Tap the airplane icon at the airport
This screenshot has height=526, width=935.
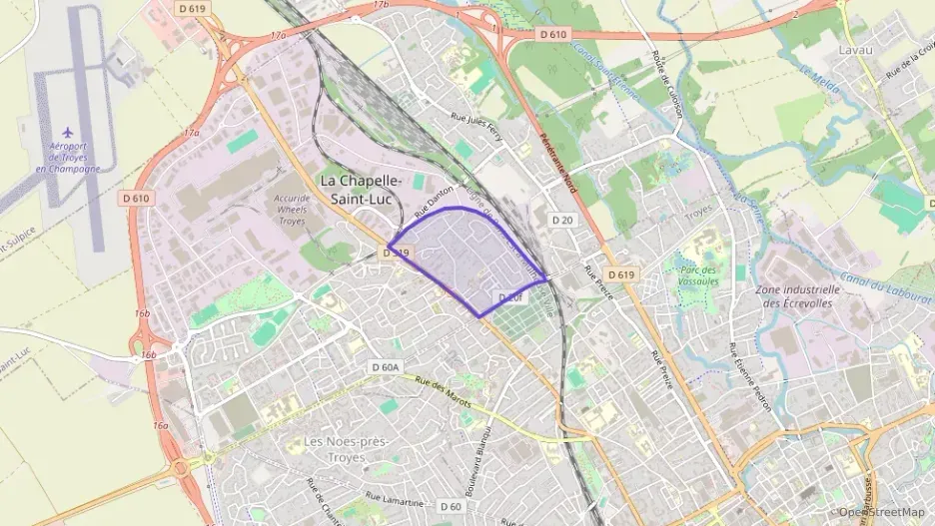click(68, 133)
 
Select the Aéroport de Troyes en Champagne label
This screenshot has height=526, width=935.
click(68, 157)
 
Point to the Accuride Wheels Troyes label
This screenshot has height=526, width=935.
click(292, 209)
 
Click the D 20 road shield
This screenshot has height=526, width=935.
click(564, 220)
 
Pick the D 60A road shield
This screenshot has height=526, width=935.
click(385, 367)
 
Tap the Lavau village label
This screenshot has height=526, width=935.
click(856, 48)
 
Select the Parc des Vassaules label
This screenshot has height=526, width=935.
click(699, 275)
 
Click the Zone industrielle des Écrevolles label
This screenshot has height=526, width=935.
click(795, 295)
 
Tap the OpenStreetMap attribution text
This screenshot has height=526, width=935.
click(882, 512)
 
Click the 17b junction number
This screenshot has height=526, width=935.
click(380, 5)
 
